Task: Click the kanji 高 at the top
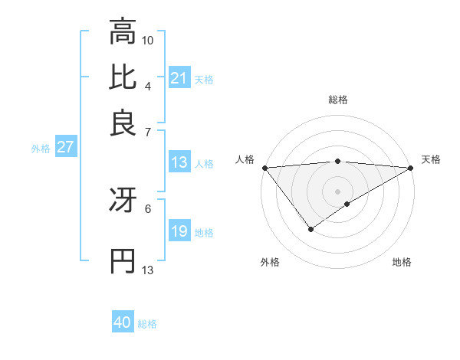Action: tap(123, 33)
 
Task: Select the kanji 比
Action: tap(123, 77)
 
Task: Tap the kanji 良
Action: tap(123, 123)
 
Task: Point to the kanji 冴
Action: tap(123, 200)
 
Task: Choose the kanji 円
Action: tap(123, 260)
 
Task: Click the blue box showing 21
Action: tap(179, 78)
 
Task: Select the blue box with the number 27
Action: tap(65, 147)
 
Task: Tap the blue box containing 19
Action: tap(179, 231)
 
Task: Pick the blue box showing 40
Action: tap(123, 322)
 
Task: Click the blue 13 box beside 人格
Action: tap(179, 162)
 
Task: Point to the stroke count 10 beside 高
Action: tap(148, 40)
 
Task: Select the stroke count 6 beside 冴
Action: tap(147, 208)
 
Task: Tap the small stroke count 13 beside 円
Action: tap(148, 270)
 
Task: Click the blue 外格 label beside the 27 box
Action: tap(40, 149)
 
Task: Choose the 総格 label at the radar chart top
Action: tap(337, 100)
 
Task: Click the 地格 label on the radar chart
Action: tap(402, 263)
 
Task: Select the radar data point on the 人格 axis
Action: tap(264, 168)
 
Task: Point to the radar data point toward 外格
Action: tap(310, 228)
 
